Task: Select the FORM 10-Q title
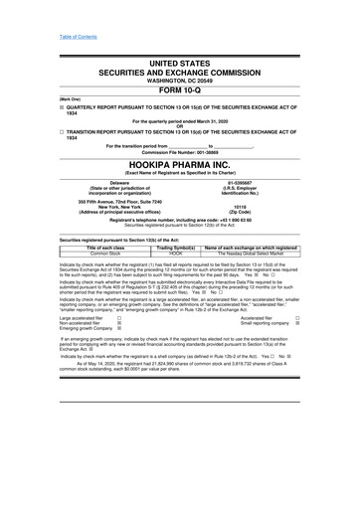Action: click(x=180, y=90)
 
